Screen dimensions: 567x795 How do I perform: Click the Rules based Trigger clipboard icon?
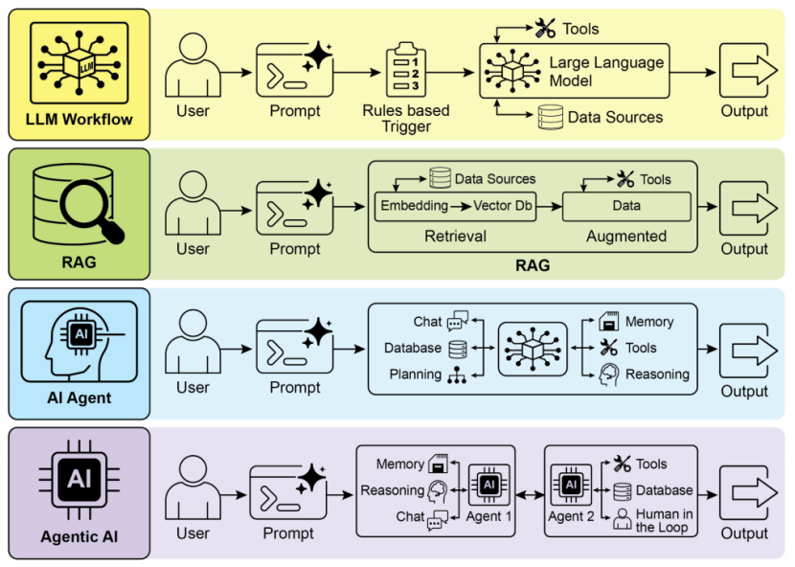(x=406, y=71)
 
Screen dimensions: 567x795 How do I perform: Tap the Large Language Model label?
(x=605, y=72)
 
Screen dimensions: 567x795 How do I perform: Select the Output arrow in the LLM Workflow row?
(x=744, y=72)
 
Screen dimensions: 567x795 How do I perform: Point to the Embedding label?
(x=414, y=205)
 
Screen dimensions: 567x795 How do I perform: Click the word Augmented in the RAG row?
(x=625, y=236)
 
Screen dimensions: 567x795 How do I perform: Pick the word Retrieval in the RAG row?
(x=455, y=236)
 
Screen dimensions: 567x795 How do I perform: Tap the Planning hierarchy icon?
(x=457, y=374)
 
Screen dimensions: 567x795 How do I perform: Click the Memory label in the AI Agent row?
(x=648, y=322)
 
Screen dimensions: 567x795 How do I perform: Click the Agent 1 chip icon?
(x=488, y=485)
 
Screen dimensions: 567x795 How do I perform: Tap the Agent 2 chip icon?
(x=571, y=485)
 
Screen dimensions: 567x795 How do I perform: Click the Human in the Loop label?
(x=664, y=521)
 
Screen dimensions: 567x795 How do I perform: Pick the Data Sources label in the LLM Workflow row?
(x=614, y=117)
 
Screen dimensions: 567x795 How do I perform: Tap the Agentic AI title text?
(x=79, y=536)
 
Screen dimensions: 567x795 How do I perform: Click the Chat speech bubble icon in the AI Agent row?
(x=457, y=321)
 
